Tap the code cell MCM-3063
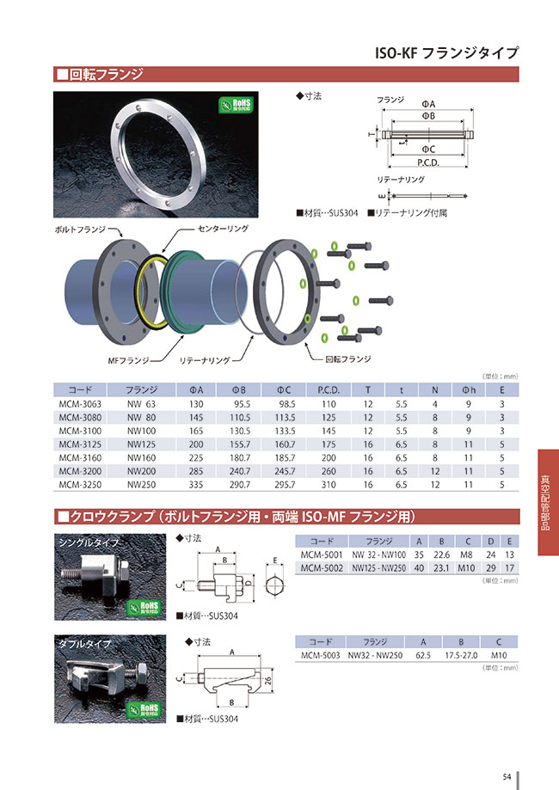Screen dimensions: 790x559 80,403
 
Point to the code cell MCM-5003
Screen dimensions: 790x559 321,655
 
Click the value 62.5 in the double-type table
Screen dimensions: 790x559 421,655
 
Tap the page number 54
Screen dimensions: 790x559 507,776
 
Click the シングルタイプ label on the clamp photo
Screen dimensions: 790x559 85,543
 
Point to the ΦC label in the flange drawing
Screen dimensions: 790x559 427,148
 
